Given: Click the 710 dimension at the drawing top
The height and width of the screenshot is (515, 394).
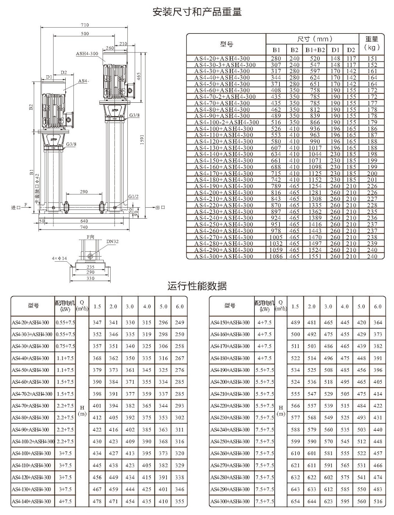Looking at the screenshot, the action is point(85,25).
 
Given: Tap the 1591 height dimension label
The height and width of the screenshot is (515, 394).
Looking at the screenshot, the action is point(142,140).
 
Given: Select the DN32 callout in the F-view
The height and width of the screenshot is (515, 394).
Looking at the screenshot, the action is point(112,241).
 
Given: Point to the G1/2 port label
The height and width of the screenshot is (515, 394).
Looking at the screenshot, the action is point(133,196).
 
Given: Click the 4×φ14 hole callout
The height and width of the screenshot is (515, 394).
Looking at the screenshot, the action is point(60,258).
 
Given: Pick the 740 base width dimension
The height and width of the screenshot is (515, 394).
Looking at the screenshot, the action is point(84,227).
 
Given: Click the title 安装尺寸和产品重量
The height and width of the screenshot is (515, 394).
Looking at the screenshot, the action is point(197,12).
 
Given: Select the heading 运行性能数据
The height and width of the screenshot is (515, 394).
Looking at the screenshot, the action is point(197,286).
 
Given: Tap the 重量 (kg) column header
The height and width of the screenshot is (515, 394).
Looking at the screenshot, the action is point(372,43).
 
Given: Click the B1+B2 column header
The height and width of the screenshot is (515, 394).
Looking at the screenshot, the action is point(315,50).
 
